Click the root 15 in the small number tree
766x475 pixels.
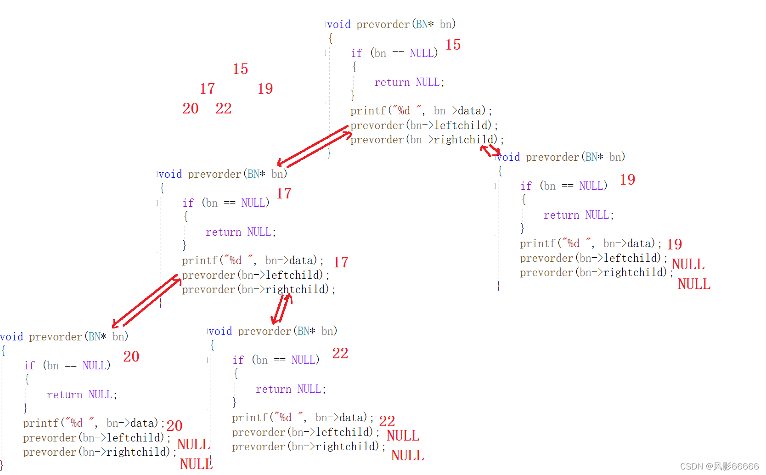(x=240, y=69)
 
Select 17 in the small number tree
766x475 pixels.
(x=207, y=89)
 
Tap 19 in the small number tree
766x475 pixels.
(x=265, y=89)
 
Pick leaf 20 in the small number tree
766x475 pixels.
(x=191, y=108)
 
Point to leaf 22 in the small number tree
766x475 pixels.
(x=224, y=108)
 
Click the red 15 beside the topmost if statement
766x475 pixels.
(x=453, y=45)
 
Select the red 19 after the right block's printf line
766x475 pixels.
(x=674, y=244)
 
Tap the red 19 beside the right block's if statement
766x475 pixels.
(x=627, y=180)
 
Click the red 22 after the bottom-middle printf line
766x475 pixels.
(x=387, y=421)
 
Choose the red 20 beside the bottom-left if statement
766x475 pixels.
(x=131, y=356)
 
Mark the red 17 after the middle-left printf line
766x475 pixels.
(x=341, y=262)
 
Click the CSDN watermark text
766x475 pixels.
(x=719, y=466)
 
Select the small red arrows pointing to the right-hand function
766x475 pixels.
(x=490, y=150)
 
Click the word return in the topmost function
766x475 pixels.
(x=392, y=82)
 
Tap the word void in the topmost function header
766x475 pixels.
(x=339, y=24)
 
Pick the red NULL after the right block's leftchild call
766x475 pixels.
(x=688, y=264)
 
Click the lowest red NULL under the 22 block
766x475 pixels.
(x=407, y=455)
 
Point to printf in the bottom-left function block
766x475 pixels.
(x=40, y=423)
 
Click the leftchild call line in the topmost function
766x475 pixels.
(x=424, y=125)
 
